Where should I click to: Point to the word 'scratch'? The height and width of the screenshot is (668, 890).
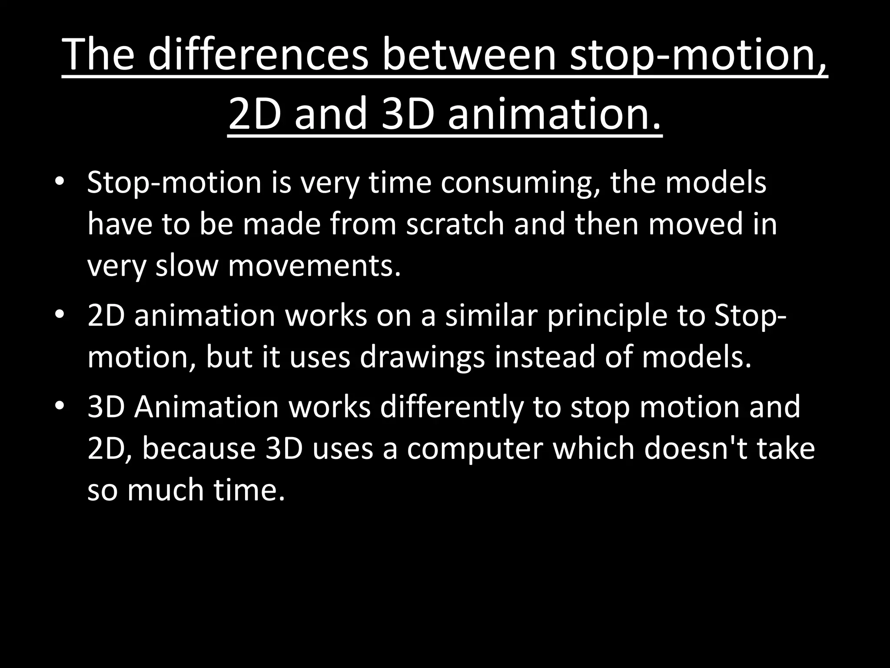[455, 224]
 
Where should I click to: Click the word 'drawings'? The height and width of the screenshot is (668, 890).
[422, 357]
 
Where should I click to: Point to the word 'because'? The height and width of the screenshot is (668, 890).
[199, 448]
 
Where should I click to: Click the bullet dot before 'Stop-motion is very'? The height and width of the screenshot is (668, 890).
[60, 181]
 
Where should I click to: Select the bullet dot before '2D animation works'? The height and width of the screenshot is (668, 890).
[60, 314]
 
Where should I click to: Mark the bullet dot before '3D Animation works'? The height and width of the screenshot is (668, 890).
[60, 406]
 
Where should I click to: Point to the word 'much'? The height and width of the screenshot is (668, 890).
[166, 490]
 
